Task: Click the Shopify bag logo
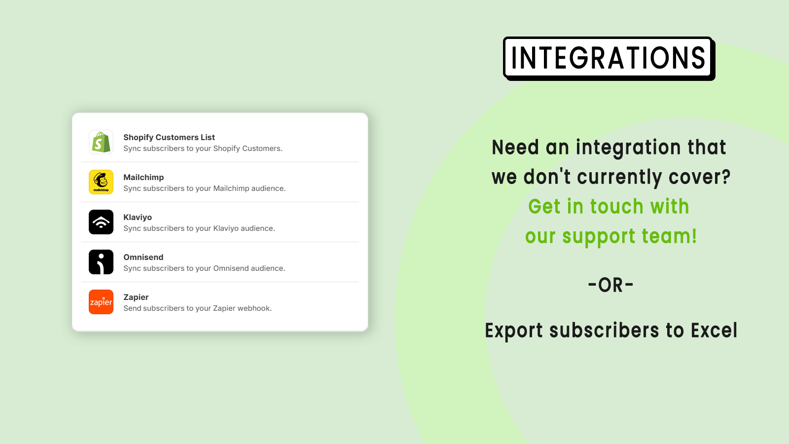[x=101, y=142]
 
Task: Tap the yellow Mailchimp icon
[x=101, y=182]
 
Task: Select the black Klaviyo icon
[x=101, y=222]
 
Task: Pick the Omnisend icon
[x=101, y=262]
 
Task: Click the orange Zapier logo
[x=101, y=302]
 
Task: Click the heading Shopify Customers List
[x=169, y=138]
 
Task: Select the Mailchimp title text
[x=143, y=177]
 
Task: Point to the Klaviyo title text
[x=138, y=217]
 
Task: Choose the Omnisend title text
[x=143, y=257]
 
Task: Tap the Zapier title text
[x=136, y=297]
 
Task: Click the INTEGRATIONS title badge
[x=609, y=59]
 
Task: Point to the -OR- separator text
[x=611, y=285]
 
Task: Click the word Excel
[x=714, y=330]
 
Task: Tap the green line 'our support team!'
[x=611, y=236]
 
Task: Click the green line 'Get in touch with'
[x=609, y=207]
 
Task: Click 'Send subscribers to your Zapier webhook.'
[x=198, y=308]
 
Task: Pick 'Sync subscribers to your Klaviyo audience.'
[x=199, y=228]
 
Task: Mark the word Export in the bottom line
[x=514, y=331]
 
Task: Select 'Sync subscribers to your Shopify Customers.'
[x=203, y=148]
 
